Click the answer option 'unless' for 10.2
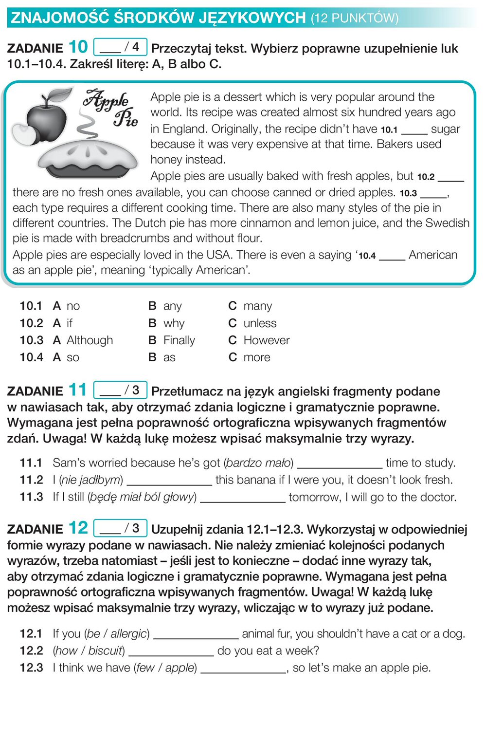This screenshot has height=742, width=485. [259, 323]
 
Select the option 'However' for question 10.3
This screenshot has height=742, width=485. [266, 340]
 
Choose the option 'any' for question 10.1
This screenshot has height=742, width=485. [172, 306]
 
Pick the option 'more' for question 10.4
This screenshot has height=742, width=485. [256, 357]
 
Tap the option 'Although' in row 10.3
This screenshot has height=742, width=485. [90, 340]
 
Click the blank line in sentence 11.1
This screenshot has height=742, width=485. [340, 463]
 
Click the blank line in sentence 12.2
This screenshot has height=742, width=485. [171, 651]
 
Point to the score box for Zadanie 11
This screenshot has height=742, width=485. [120, 390]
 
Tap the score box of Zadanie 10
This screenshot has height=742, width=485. [120, 47]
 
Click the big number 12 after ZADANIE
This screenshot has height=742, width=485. [78, 528]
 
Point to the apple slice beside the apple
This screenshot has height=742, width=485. [23, 134]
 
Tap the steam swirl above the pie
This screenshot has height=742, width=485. [87, 124]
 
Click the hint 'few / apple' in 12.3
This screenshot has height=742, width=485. [165, 668]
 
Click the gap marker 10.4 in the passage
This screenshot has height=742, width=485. [367, 256]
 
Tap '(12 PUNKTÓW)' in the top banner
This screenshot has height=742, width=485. [355, 19]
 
